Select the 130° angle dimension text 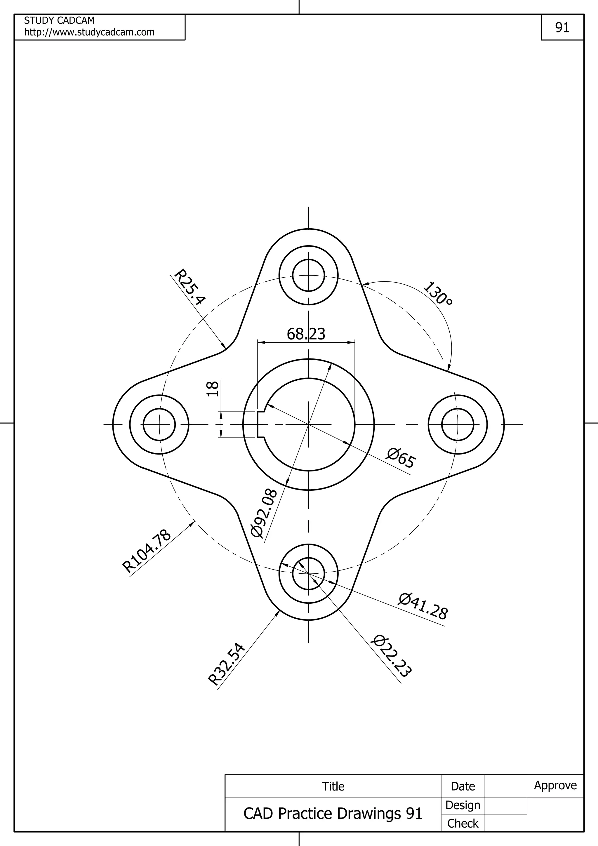pos(438,294)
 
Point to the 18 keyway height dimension pos(213,389)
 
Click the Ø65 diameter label pos(401,458)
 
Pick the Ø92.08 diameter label pos(263,513)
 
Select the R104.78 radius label pos(147,551)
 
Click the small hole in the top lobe pos(308,275)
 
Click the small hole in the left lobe pos(159,424)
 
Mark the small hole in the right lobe pos(458,424)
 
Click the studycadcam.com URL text pos(89,32)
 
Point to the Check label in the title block pos(463,823)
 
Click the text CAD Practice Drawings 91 pos(333,813)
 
